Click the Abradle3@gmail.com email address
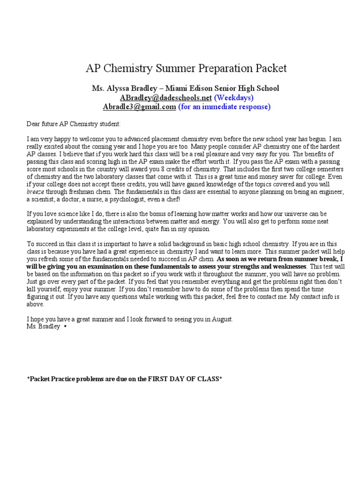[139, 106]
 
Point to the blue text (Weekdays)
[234, 97]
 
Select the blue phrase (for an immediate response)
[224, 106]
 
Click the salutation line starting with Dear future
[74, 124]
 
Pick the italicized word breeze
[36, 192]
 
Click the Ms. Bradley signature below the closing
[43, 327]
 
